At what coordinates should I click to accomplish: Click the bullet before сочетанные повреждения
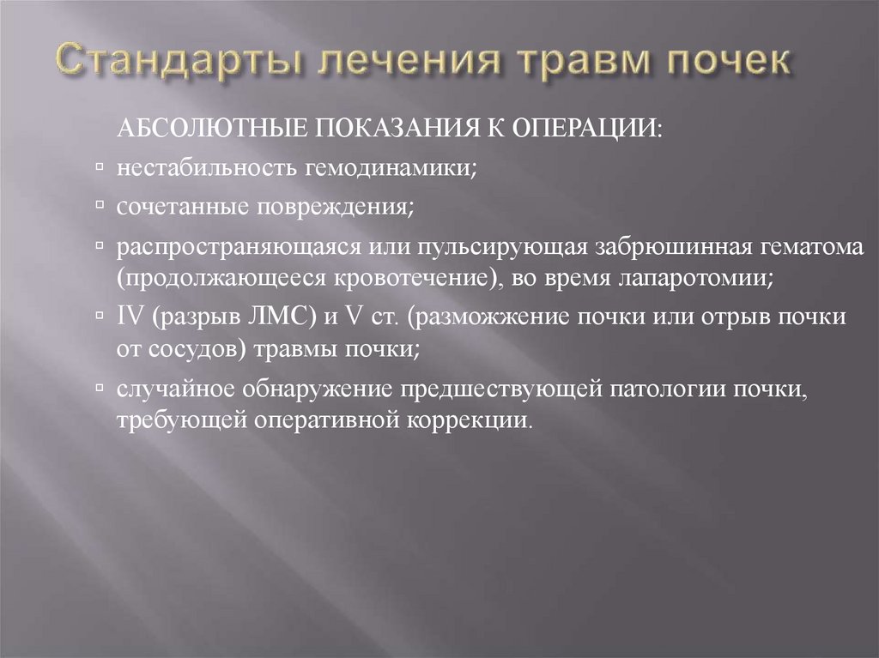[x=101, y=207]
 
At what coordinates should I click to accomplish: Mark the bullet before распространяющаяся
[x=101, y=246]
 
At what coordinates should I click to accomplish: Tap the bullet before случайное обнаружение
[x=101, y=387]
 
